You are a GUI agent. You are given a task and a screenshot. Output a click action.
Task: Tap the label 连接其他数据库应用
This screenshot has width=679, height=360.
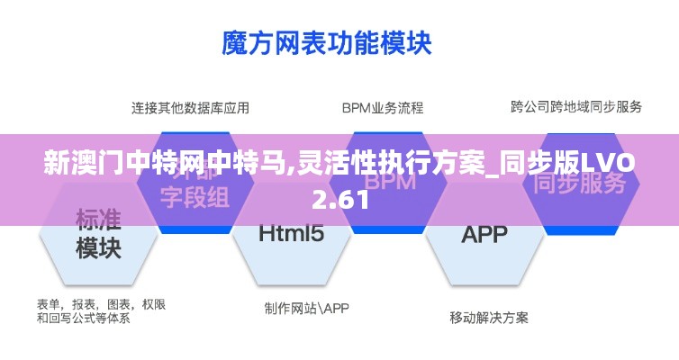pyautogui.click(x=191, y=108)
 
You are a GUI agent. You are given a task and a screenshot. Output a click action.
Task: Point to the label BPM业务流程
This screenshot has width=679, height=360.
pyautogui.click(x=382, y=108)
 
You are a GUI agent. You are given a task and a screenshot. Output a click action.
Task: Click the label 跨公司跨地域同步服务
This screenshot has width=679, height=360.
pyautogui.click(x=576, y=107)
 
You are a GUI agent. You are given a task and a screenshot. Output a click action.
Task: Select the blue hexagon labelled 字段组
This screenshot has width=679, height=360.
pyautogui.click(x=190, y=193)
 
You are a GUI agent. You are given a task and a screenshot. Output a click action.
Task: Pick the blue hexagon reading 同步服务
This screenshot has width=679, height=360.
pyautogui.click(x=579, y=184)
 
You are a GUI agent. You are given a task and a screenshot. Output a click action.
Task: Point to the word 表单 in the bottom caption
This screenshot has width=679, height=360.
pyautogui.click(x=50, y=304)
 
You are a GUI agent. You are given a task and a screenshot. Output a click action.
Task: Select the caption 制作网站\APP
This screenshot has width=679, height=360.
pyautogui.click(x=306, y=308)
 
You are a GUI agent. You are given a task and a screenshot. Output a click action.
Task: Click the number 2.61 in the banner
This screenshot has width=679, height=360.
pyautogui.click(x=340, y=201)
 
